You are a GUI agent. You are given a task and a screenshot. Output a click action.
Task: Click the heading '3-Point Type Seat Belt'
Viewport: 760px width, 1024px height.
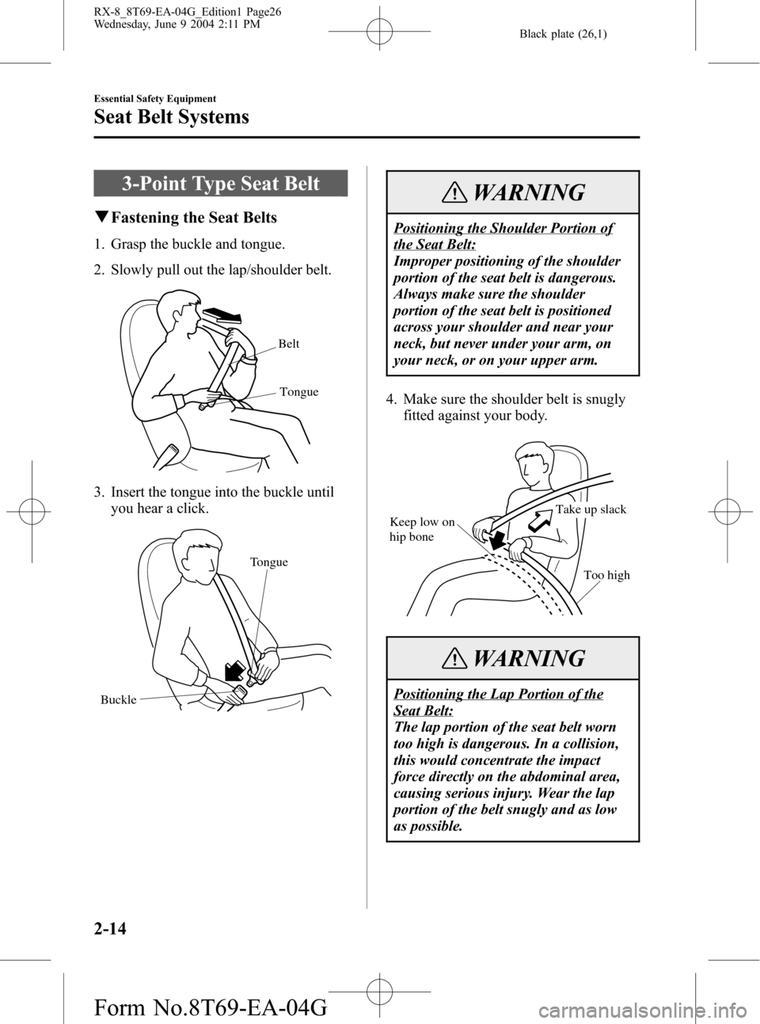pyautogui.click(x=221, y=183)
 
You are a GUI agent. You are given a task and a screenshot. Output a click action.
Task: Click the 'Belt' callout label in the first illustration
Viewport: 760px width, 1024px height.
pyautogui.click(x=289, y=344)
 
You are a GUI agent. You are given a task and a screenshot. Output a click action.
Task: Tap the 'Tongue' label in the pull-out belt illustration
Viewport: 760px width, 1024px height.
pyautogui.click(x=298, y=392)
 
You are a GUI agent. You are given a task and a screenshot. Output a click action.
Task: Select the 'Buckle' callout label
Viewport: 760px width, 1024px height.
pyautogui.click(x=119, y=700)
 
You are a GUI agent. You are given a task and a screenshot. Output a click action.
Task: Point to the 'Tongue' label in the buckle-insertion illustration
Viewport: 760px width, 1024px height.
pyautogui.click(x=268, y=561)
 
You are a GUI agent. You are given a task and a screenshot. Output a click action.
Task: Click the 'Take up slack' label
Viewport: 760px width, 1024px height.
pyautogui.click(x=591, y=509)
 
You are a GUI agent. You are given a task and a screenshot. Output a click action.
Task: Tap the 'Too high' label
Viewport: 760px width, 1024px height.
pyautogui.click(x=606, y=575)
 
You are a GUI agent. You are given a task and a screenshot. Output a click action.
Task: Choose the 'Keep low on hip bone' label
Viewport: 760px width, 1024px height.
pyautogui.click(x=422, y=529)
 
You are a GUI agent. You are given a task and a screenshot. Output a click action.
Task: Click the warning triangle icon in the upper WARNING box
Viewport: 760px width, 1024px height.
pyautogui.click(x=454, y=194)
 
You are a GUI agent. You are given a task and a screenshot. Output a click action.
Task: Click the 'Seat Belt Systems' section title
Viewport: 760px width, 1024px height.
pyautogui.click(x=171, y=116)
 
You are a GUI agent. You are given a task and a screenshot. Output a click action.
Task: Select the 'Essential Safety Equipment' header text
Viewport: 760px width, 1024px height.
pyautogui.click(x=154, y=99)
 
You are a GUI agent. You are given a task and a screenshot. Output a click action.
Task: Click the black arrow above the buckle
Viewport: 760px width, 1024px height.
pyautogui.click(x=234, y=671)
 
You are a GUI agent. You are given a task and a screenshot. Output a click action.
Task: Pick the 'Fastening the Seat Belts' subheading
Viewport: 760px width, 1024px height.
pyautogui.click(x=194, y=218)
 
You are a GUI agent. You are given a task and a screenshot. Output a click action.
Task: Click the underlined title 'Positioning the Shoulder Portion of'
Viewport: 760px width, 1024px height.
pyautogui.click(x=503, y=228)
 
